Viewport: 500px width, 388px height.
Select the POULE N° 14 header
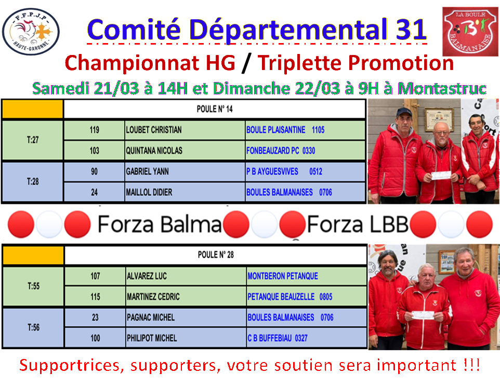pos(215,110)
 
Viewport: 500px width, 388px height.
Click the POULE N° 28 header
pos(215,255)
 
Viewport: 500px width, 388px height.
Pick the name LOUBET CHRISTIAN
pos(154,130)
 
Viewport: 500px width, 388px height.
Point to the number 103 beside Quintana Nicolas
pos(94,150)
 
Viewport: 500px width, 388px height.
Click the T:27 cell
pos(33,141)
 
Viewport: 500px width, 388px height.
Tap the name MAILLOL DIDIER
pos(149,192)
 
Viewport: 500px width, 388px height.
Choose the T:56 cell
pos(33,327)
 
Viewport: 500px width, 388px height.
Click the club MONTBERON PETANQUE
pos(282,276)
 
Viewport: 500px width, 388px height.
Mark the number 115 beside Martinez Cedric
pos(95,297)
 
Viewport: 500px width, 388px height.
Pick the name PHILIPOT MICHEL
pos(152,338)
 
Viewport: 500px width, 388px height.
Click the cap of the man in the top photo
pos(404,112)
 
